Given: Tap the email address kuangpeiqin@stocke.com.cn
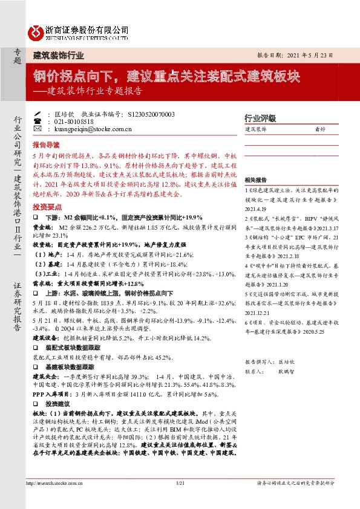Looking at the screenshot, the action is point(89,129).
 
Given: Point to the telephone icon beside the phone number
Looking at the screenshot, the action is point(38,121).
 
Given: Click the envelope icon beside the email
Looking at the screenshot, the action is point(38,129).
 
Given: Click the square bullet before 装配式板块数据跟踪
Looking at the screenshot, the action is point(39,349).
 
